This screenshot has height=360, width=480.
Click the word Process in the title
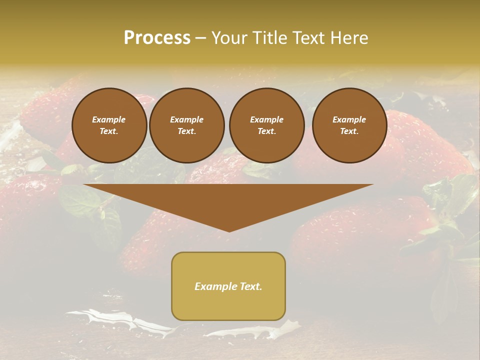(x=157, y=38)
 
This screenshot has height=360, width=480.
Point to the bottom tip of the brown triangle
(x=229, y=231)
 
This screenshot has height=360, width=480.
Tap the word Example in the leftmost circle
(x=109, y=119)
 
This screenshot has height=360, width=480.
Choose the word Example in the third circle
(x=267, y=119)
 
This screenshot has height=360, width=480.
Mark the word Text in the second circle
(x=186, y=131)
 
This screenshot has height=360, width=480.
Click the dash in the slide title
(x=200, y=38)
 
